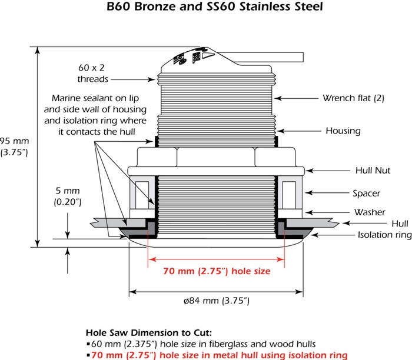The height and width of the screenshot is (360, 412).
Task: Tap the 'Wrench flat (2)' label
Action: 353,98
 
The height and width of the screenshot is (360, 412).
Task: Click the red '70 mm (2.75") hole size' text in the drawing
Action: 208,272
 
